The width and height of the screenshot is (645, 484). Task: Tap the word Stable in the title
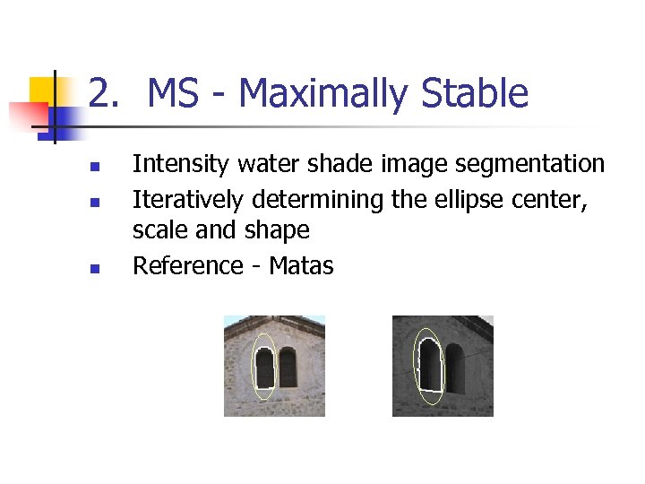[x=475, y=94]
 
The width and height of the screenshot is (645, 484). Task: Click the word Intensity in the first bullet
[x=181, y=164]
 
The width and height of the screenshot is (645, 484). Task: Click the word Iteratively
[x=189, y=198]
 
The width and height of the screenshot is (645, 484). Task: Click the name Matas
[x=301, y=265]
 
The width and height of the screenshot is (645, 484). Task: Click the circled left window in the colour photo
[x=264, y=367]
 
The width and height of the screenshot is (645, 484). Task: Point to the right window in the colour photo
[x=288, y=367]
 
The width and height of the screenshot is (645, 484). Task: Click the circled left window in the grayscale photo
[x=430, y=366]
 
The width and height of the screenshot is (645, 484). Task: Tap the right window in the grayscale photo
[x=455, y=367]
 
